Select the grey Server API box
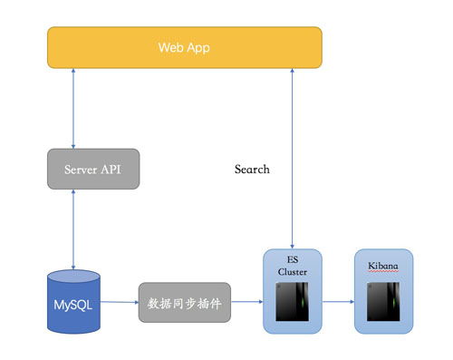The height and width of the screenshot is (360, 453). pyautogui.click(x=93, y=169)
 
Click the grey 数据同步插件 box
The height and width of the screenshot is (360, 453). pyautogui.click(x=185, y=304)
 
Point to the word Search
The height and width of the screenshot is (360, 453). pyautogui.click(x=252, y=170)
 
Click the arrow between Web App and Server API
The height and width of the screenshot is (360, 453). pyautogui.click(x=73, y=109)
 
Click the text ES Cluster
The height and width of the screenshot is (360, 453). pyautogui.click(x=292, y=266)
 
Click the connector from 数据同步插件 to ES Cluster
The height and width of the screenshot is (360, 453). pyautogui.click(x=246, y=303)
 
